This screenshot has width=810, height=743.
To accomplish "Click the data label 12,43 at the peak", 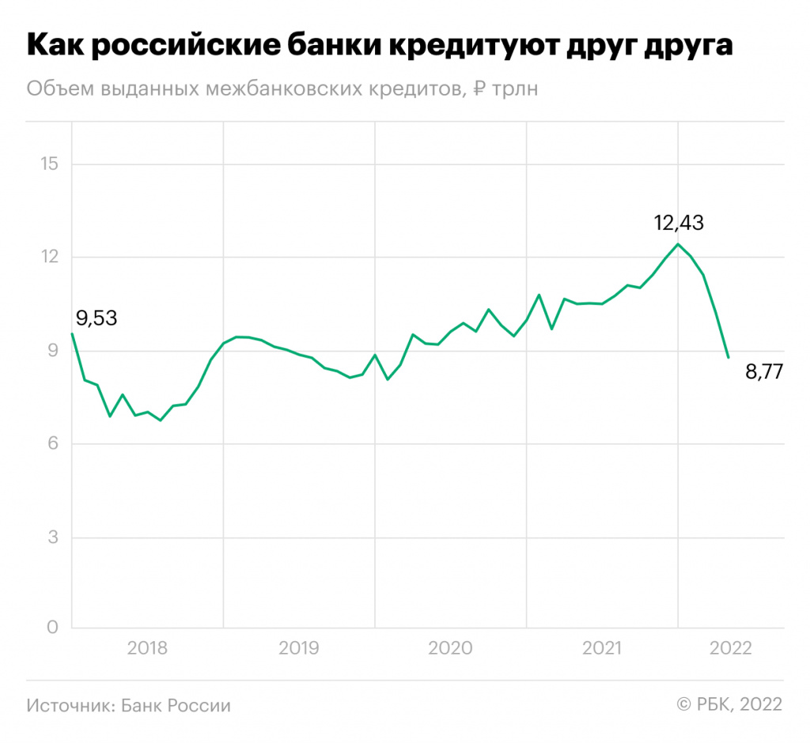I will pos(679,222).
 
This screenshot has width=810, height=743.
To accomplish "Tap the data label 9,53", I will pos(97,319).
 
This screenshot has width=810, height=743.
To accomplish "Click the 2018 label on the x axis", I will pos(147,649).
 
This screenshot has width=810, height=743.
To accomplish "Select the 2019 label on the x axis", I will pos(298,649).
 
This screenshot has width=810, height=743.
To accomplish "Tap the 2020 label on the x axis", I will pos(450,649).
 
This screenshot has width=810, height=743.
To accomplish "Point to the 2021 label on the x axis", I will pos(603,649).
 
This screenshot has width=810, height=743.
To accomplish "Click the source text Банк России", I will pos(176,705).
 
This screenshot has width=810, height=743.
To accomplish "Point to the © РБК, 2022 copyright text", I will pos(729,705).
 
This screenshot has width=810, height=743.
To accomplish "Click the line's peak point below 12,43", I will pos(678,243).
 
